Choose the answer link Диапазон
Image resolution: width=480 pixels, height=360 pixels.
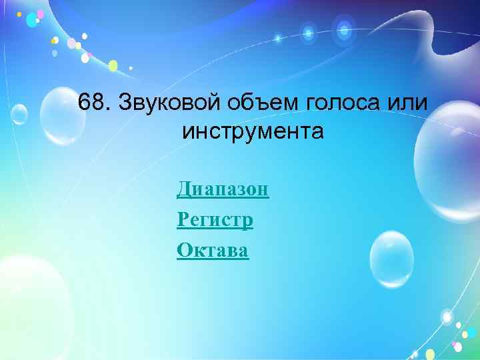point(223,190)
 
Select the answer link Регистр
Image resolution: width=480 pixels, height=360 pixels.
point(215,220)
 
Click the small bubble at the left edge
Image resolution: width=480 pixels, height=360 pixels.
point(18,115)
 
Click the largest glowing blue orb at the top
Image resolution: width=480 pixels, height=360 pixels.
point(344,29)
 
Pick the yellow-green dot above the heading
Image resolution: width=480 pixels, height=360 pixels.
point(113,65)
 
